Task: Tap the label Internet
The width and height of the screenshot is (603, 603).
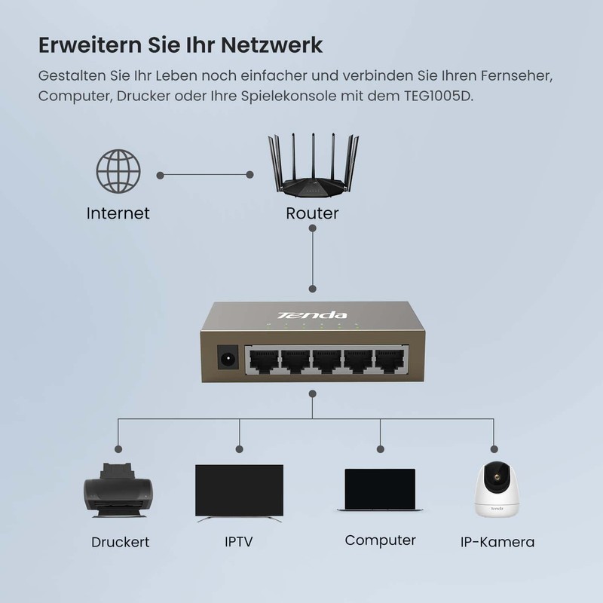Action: [118, 213]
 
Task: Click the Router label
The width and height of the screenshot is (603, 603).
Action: [312, 213]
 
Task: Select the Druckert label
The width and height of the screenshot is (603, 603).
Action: [121, 542]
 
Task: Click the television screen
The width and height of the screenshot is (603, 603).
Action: [239, 489]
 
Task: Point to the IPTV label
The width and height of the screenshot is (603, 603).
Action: [239, 542]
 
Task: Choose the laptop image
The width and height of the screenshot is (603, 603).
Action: [380, 490]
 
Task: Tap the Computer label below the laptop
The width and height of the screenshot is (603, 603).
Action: [381, 540]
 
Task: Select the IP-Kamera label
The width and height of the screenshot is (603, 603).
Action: [497, 542]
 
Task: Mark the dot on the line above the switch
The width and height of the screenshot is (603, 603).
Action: [312, 289]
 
